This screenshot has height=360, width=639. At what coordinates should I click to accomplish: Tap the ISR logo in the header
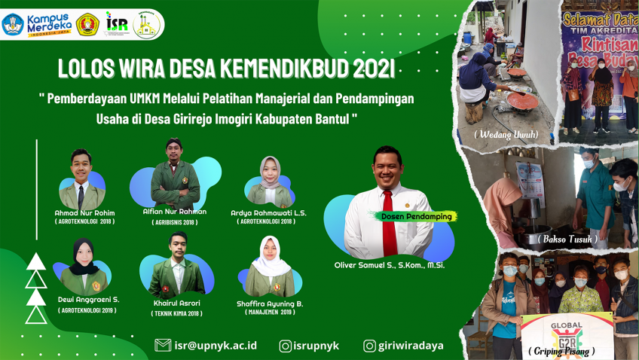tap(117, 23)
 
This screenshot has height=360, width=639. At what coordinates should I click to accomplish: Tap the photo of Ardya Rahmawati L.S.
tap(271, 182)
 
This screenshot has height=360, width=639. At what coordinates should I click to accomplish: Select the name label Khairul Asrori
tap(177, 303)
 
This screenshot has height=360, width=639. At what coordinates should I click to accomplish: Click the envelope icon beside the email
tap(162, 345)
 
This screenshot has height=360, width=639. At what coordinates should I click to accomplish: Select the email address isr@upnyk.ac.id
tap(215, 345)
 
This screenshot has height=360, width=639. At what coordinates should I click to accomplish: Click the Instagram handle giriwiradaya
tap(411, 346)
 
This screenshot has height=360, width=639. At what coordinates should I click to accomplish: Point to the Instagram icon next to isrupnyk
tap(286, 346)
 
